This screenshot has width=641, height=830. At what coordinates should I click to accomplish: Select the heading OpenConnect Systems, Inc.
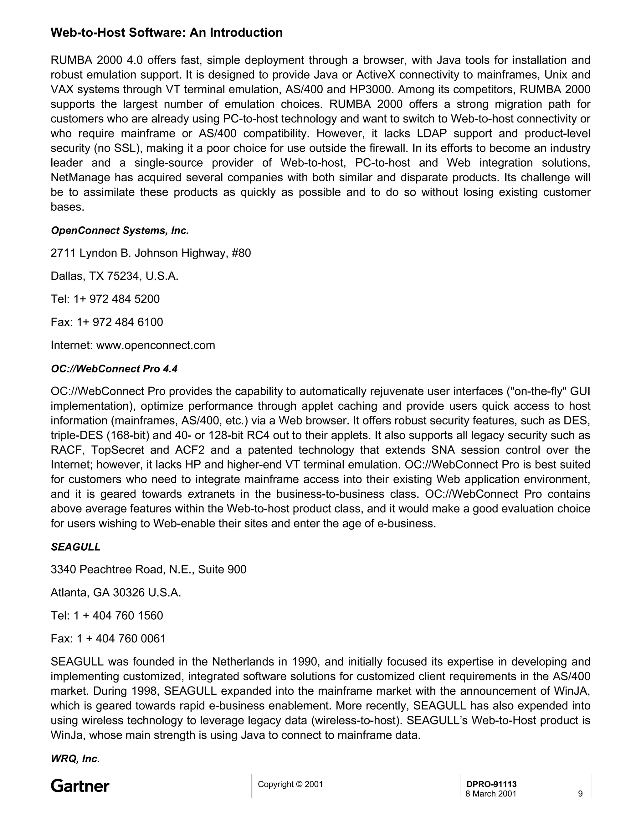[120, 231]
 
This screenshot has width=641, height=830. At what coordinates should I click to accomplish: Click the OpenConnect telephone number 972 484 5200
[124, 299]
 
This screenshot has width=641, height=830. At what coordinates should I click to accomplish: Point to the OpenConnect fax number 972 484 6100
[128, 322]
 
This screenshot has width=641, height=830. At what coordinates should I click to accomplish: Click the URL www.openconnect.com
[155, 345]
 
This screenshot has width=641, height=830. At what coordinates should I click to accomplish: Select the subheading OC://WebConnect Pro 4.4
[114, 369]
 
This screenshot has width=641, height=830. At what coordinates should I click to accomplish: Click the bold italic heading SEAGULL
[75, 547]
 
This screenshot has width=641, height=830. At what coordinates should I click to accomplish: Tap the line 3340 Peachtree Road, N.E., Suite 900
[148, 569]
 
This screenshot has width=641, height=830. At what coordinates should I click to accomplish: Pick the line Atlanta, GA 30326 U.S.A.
[116, 593]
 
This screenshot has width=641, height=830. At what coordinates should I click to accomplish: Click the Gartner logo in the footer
[80, 786]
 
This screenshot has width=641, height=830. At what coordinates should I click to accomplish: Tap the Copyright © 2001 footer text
[290, 784]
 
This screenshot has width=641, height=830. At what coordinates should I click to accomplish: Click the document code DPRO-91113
[491, 784]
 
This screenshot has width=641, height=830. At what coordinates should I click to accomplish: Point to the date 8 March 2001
[491, 794]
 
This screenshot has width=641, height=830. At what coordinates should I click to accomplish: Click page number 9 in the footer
[580, 794]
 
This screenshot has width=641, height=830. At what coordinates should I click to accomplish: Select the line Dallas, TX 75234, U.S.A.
[114, 276]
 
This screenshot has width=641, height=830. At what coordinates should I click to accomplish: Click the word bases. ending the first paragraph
[67, 207]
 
